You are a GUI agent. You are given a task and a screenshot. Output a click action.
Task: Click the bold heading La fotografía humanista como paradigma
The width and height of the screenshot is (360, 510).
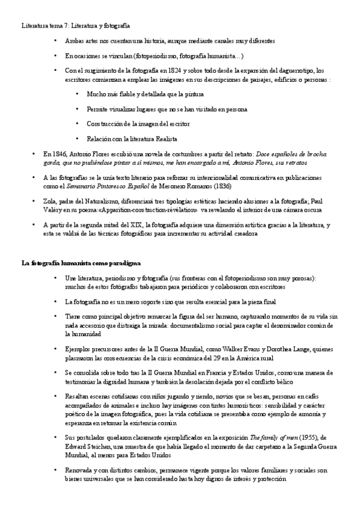pos(81,263)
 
